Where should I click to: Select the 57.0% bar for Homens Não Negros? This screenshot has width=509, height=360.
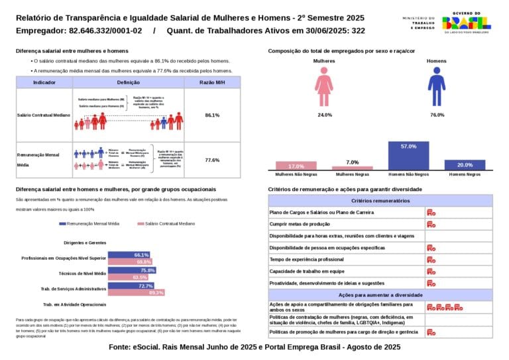tap(408, 156)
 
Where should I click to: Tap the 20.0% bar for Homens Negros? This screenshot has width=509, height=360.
tap(465, 165)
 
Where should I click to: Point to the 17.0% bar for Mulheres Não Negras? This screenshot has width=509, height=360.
tap(296, 166)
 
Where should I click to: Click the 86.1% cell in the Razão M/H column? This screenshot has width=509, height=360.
tap(212, 115)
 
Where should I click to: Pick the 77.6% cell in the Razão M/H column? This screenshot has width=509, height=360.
tap(212, 160)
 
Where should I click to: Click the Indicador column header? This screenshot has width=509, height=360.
tap(44, 82)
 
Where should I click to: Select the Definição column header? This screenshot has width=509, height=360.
tap(128, 82)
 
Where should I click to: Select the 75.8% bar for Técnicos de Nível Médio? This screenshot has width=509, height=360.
tap(132, 270)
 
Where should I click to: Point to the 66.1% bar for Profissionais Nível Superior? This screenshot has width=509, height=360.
tap(129, 255)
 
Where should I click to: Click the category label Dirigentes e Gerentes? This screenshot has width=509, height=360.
tap(84, 243)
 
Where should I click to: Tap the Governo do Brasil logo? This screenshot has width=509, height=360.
tap(467, 23)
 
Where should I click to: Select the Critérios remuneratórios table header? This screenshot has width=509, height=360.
tap(380, 200)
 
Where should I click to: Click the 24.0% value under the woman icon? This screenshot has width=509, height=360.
tap(325, 115)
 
